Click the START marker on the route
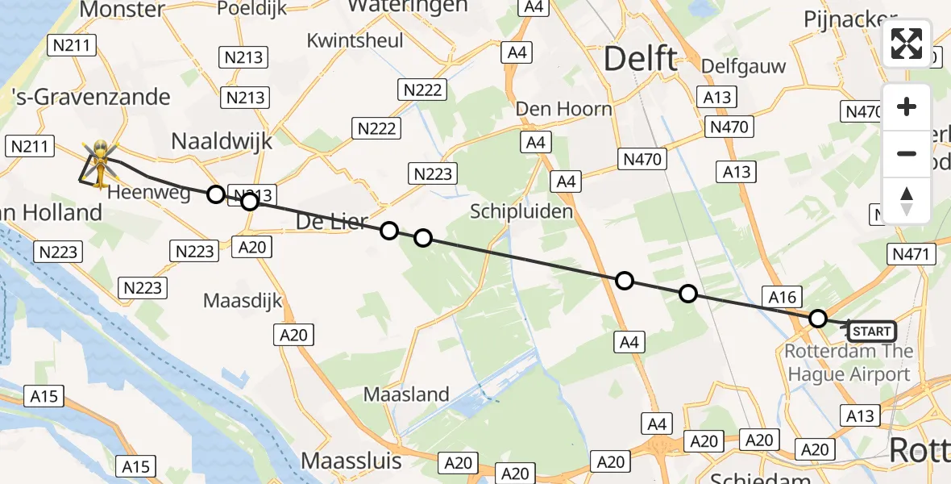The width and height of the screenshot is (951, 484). [871, 332]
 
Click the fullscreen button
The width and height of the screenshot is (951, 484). [907, 44]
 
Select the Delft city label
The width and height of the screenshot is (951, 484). [641, 59]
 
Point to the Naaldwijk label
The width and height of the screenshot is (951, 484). [222, 142]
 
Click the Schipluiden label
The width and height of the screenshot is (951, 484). [522, 212]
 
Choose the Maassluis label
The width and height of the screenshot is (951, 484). [351, 461]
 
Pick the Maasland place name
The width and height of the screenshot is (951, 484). [406, 394]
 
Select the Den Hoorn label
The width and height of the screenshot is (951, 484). [563, 109]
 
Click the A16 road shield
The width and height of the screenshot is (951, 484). [783, 298]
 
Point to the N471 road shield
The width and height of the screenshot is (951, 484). [912, 255]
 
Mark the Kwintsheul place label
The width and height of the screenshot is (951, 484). [355, 40]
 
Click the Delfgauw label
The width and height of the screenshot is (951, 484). [743, 66]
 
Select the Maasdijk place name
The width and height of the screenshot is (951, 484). [243, 301]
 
